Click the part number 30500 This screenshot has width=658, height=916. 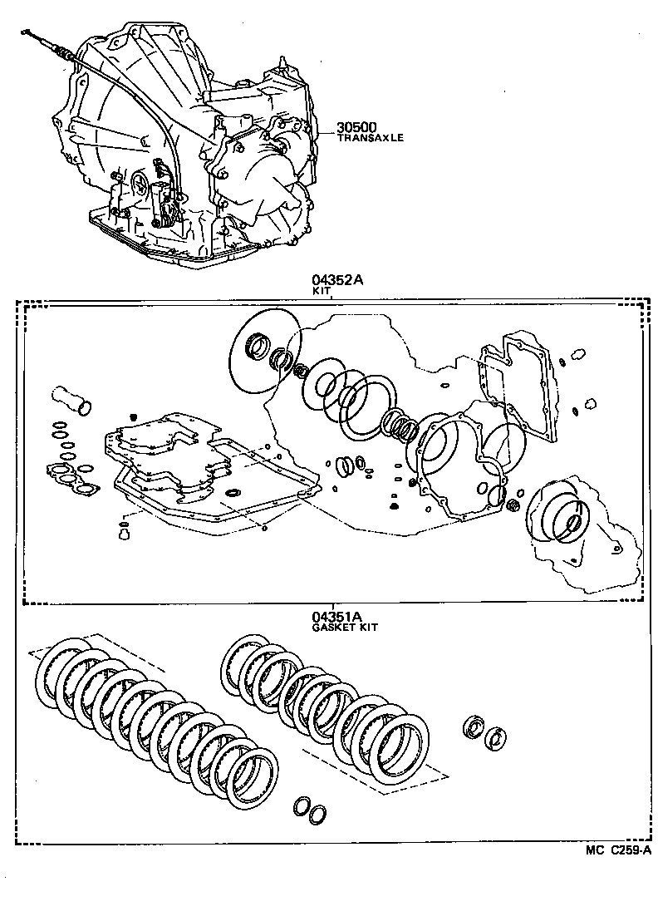point(356,127)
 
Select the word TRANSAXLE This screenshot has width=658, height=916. point(370,138)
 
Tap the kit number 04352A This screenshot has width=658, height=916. point(337,281)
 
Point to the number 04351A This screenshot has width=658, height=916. point(337,616)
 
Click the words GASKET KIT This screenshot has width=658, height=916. point(344,628)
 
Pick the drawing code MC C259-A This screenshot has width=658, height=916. point(617,850)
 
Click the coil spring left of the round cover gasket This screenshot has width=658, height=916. point(402,426)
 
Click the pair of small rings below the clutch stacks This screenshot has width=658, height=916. point(308,812)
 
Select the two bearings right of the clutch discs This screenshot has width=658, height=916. point(484,731)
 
